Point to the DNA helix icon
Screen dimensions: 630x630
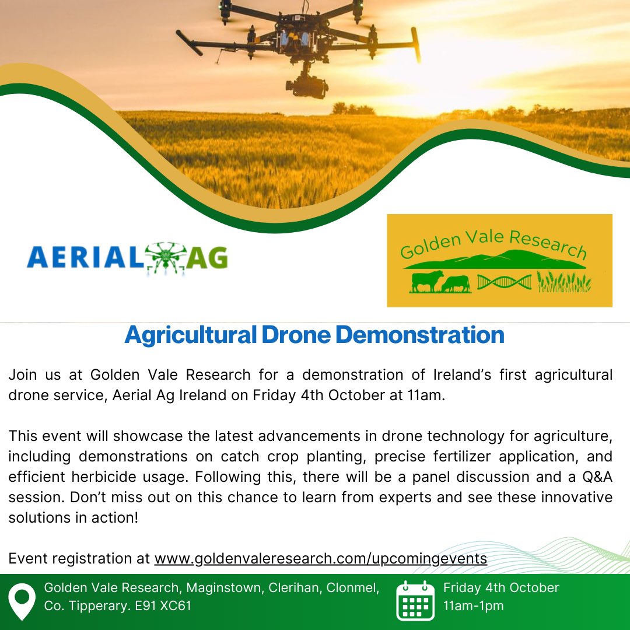point(504,283)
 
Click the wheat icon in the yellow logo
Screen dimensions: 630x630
point(564,282)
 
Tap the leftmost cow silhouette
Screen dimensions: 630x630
point(427,282)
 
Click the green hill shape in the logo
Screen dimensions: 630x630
point(502,260)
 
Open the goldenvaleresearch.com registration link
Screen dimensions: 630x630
point(320,558)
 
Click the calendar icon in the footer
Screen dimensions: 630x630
point(415,600)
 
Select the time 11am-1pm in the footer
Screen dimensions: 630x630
point(473,606)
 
